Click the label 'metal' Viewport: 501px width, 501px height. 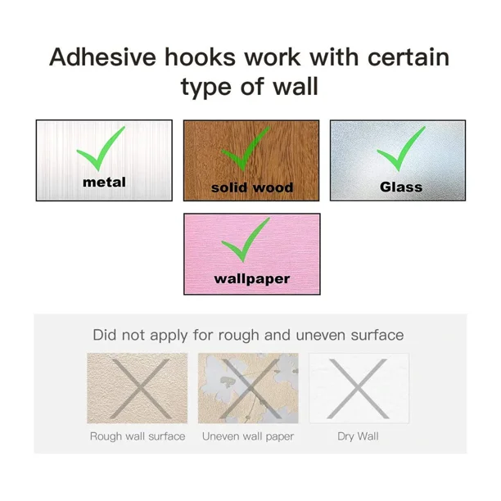pos(104,183)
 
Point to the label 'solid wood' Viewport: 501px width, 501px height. pos(252,187)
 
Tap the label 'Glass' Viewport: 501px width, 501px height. pos(401,187)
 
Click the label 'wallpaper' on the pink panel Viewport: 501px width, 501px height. pos(252,279)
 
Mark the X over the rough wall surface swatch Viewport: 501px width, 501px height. pos(140,389)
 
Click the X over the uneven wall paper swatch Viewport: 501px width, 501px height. pos(250,389)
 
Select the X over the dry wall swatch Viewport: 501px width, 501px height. pos(359,389)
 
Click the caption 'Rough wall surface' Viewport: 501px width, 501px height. pos(138,436)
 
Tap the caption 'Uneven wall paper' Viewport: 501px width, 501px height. pos(248,436)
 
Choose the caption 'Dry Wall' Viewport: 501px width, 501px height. pos(358,436)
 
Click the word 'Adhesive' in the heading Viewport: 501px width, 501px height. pos(102,57)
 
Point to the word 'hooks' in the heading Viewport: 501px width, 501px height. pos(200,57)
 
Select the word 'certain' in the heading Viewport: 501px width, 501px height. pos(408,57)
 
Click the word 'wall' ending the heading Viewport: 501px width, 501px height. pos(296,86)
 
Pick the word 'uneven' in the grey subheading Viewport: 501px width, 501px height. pos(321,336)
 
